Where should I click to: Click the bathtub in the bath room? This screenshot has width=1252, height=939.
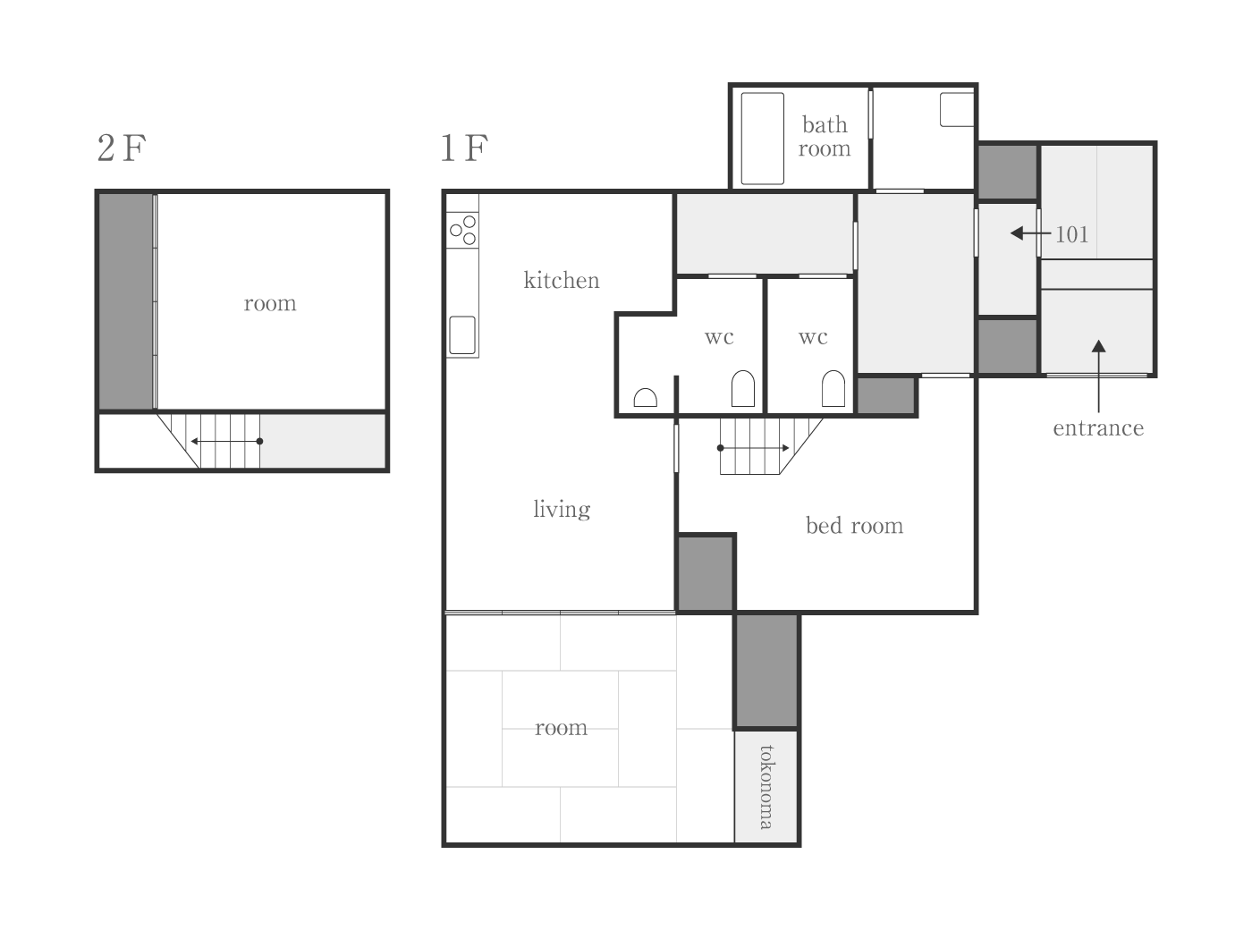[762, 139]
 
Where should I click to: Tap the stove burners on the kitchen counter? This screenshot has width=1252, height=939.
[462, 231]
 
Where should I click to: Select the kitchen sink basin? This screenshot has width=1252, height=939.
[462, 334]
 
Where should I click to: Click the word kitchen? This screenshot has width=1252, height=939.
[562, 280]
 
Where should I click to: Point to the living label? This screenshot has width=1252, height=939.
[562, 509]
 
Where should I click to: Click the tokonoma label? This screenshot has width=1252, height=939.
[766, 787]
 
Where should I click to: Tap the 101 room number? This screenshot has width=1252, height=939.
[1071, 234]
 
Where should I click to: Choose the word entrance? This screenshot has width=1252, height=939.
[1098, 427]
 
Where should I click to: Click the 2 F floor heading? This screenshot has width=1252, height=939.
[122, 148]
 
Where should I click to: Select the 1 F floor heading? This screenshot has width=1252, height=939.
[464, 148]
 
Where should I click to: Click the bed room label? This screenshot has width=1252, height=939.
[854, 525]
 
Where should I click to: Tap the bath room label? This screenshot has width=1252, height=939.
[825, 136]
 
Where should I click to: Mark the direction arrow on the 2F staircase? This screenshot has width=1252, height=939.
[227, 441]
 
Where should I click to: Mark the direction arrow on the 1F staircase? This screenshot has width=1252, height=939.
[753, 448]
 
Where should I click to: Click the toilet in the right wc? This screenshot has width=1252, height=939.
[833, 388]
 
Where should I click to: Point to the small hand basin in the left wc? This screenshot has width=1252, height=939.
[645, 397]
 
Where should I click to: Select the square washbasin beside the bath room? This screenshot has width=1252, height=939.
[957, 109]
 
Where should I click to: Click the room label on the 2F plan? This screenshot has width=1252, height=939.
[270, 303]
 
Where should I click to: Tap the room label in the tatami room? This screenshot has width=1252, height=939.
[561, 727]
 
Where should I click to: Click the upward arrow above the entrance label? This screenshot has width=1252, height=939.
[1098, 376]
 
